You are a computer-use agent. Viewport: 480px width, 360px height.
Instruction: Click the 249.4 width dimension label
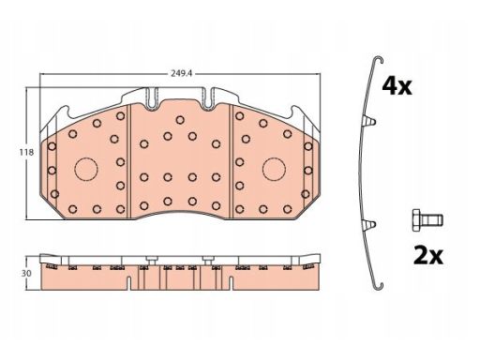[181, 73]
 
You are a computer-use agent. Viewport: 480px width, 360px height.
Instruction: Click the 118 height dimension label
[26, 153]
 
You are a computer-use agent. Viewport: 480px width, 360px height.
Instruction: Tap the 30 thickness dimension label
[26, 273]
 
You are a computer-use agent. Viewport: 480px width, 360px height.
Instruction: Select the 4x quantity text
[397, 86]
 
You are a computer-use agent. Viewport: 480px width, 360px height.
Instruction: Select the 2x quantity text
[428, 256]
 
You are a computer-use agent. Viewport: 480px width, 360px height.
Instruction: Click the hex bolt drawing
[427, 220]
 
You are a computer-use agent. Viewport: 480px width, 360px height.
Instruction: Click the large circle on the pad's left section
[86, 169]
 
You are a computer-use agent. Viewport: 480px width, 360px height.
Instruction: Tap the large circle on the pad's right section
[274, 169]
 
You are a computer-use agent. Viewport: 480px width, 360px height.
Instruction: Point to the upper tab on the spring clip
[369, 121]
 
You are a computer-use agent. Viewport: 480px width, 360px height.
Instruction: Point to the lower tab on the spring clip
[369, 224]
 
